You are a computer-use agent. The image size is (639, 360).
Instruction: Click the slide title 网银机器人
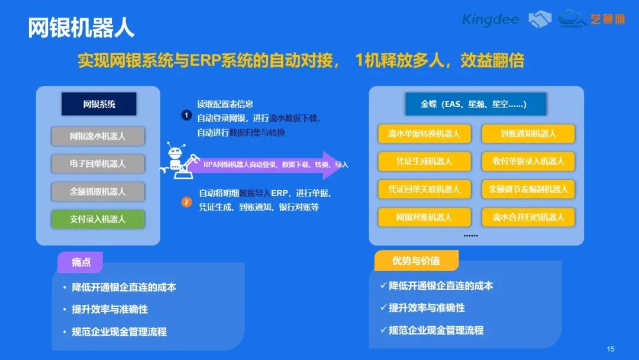(81, 28)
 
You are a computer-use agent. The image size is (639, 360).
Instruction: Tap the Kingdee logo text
(490, 20)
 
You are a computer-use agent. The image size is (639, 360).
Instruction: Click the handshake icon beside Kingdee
(540, 19)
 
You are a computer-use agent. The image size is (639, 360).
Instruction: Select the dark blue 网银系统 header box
(99, 104)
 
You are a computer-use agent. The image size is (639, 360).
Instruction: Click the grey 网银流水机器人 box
(98, 136)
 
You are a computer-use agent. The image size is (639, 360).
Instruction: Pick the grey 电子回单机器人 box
(98, 164)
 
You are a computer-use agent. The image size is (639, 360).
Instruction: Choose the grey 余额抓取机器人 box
(98, 192)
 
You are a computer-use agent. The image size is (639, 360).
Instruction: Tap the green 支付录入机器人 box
(98, 219)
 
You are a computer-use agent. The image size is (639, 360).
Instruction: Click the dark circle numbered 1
(186, 115)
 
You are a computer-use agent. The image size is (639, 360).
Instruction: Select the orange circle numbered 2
(186, 202)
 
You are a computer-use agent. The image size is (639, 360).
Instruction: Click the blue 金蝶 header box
(476, 104)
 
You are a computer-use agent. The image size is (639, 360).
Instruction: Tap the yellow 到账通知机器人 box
(528, 134)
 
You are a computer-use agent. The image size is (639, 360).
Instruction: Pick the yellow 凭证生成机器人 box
(424, 162)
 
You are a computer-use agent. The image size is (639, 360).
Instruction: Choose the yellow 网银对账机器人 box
(424, 217)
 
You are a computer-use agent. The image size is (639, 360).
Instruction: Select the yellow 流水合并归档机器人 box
(528, 217)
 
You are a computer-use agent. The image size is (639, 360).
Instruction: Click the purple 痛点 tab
(80, 262)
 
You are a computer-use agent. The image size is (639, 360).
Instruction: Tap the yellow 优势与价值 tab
(417, 261)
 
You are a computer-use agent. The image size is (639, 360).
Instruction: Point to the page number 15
(611, 349)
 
